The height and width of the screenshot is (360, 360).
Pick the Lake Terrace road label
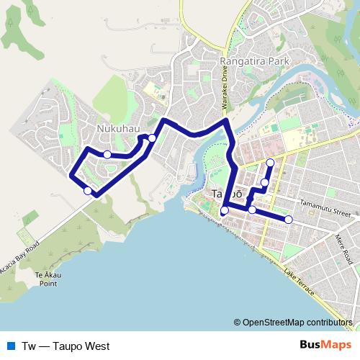(299, 284)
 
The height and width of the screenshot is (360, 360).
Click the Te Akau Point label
(48, 279)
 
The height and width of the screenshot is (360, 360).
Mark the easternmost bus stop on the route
(289, 220)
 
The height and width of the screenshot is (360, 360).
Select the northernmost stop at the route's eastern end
(270, 163)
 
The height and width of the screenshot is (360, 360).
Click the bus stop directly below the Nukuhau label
(107, 155)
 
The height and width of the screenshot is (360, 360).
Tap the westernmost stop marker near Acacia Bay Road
(88, 191)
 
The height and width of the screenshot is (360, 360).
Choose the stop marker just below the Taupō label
(225, 210)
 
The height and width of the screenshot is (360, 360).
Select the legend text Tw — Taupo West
(66, 346)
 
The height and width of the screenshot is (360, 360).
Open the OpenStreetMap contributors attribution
(298, 322)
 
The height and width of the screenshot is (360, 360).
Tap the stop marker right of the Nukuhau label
(152, 138)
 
